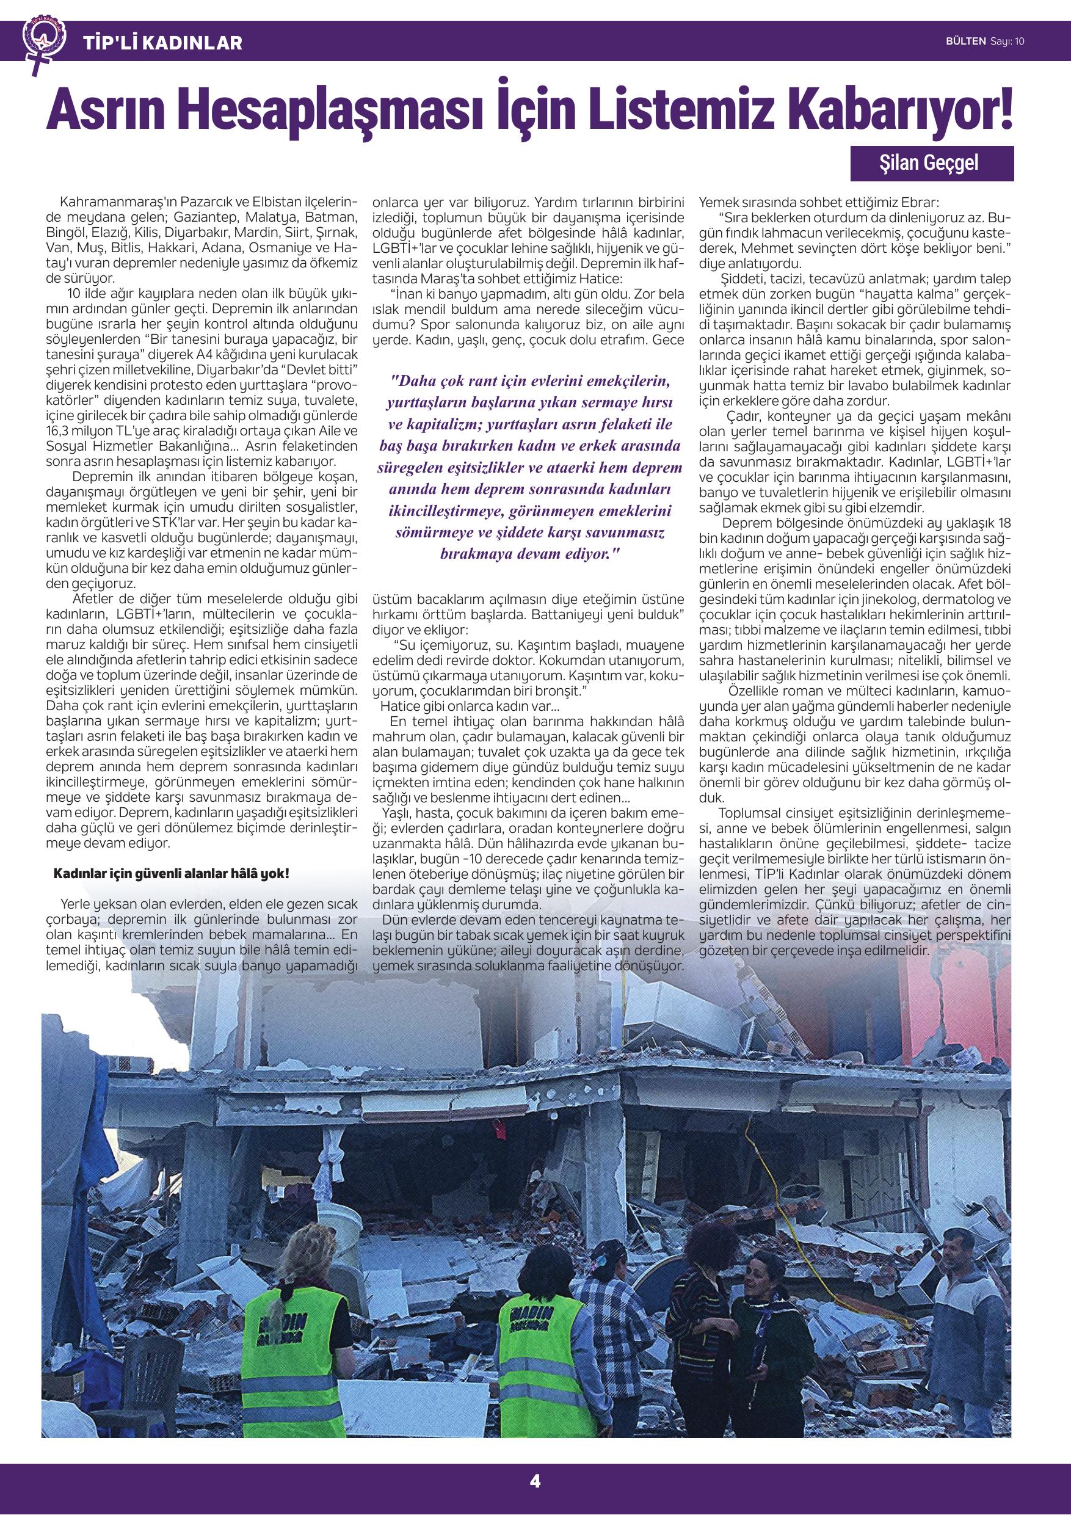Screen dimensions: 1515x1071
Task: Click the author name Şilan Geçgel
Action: coord(931,163)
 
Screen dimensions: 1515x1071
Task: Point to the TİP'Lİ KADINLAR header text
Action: coord(163,43)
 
